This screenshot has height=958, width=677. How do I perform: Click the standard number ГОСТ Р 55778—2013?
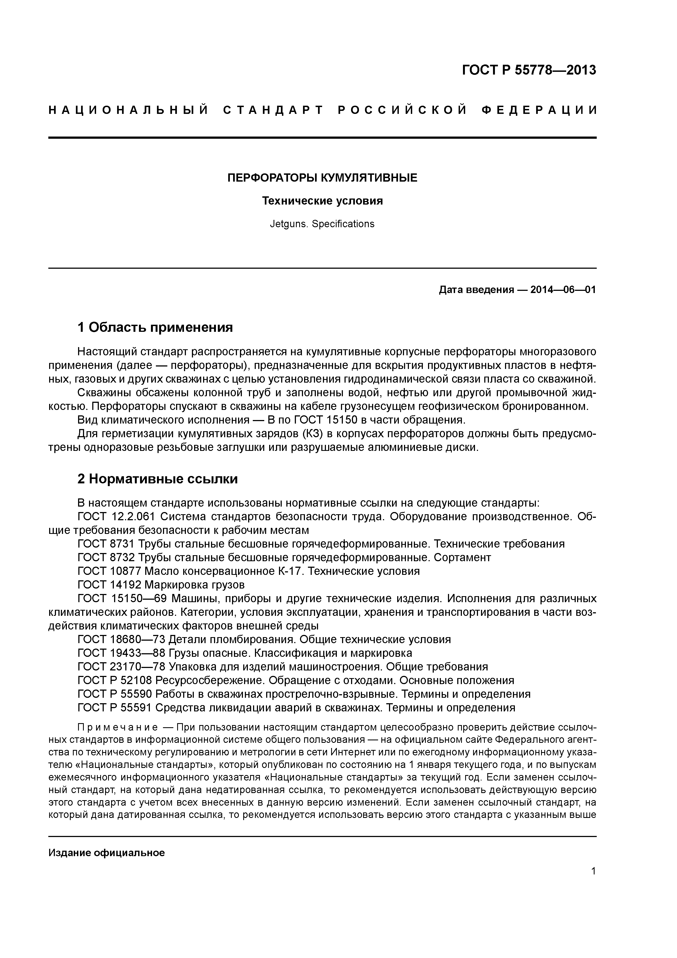pos(529,70)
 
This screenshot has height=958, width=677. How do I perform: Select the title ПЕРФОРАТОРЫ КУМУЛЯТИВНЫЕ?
pos(322,178)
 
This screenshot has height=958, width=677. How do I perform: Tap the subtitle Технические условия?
pos(322,201)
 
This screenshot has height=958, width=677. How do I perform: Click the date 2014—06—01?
pos(563,289)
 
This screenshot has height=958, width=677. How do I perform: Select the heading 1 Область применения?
pos(155,327)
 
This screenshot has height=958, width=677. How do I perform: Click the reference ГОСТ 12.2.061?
pos(116,517)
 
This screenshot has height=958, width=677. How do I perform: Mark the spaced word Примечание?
pos(118,728)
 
